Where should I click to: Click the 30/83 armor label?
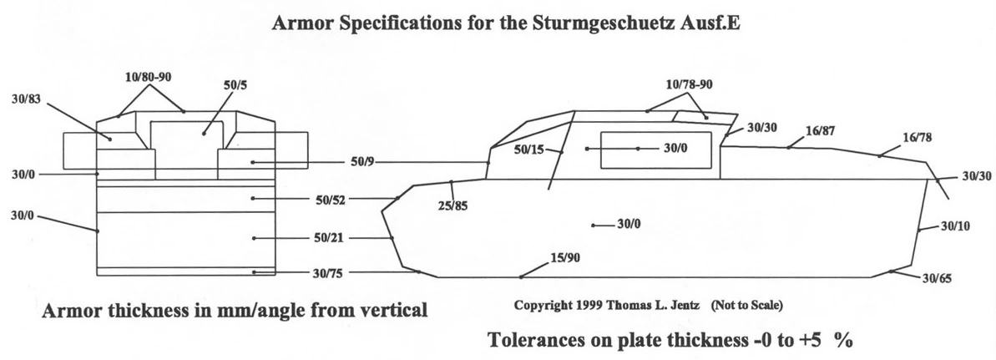tap(24, 100)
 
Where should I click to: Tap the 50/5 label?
tap(235, 85)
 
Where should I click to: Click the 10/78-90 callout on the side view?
tap(690, 85)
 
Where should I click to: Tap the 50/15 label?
tap(528, 150)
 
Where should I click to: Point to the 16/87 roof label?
tap(819, 130)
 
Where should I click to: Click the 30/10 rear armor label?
tap(954, 226)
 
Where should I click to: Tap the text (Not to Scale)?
tap(746, 306)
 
